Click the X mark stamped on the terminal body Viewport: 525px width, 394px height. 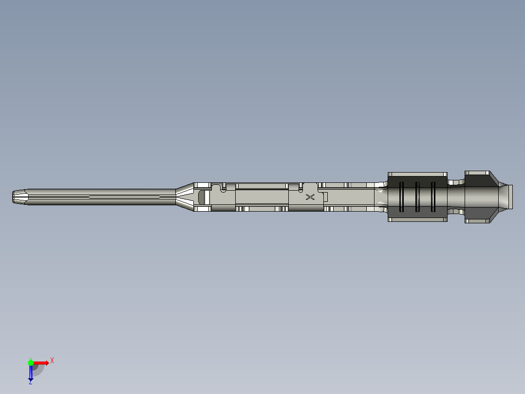click(310, 197)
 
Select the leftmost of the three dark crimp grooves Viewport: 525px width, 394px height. click(401, 197)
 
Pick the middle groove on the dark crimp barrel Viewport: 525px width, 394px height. click(417, 197)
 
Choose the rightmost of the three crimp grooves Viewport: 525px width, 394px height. click(433, 197)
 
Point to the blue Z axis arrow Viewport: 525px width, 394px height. click(31, 373)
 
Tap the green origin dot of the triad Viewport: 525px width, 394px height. click(31, 362)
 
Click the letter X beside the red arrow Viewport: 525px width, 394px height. click(52, 360)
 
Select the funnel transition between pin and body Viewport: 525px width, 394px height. click(185, 197)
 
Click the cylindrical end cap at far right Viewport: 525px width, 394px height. click(508, 197)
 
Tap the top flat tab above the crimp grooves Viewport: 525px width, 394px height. click(417, 174)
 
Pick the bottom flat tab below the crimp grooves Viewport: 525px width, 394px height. click(417, 219)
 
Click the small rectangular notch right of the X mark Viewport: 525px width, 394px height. click(326, 197)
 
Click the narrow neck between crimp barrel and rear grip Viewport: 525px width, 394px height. click(456, 197)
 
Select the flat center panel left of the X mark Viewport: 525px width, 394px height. click(262, 197)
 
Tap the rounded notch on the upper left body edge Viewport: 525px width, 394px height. click(224, 186)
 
